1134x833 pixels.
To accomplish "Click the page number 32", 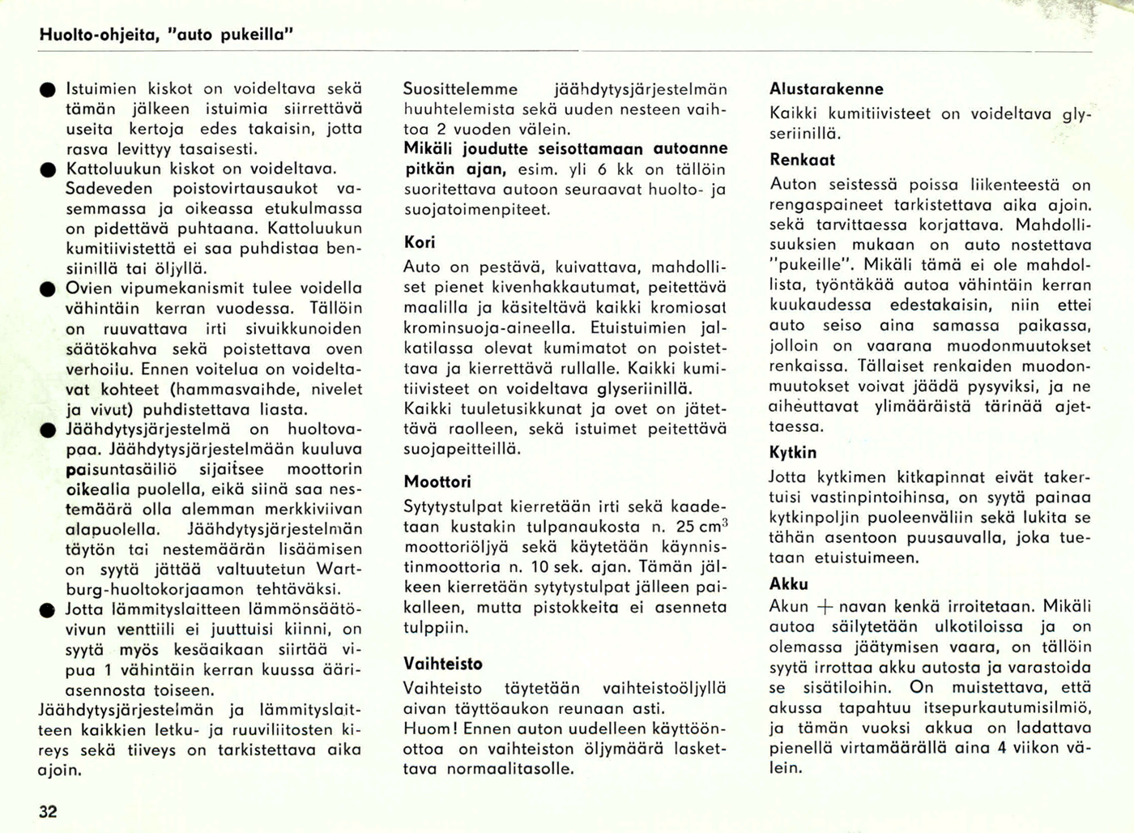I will pos(48,811).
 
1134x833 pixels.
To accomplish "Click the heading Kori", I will pos(420,242).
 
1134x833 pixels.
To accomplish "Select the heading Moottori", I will pos(437,482).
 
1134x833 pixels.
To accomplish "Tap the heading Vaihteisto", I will pos(443,664).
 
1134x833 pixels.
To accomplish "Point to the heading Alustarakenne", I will pos(826,89).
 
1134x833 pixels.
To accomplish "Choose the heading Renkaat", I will pos(802,160).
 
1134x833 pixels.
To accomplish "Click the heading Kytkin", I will pos(793,453).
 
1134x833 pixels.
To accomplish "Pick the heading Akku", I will pos(789,584).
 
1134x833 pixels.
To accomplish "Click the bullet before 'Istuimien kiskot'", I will pos(49,90).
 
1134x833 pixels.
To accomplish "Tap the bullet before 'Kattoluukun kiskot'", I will pos(49,170).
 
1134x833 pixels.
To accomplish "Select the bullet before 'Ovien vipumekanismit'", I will pos(49,289).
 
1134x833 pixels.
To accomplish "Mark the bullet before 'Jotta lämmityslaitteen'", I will pos(49,609).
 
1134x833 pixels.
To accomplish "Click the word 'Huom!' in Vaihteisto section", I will pos(430,728).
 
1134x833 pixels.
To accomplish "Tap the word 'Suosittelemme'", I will pos(461,89).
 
